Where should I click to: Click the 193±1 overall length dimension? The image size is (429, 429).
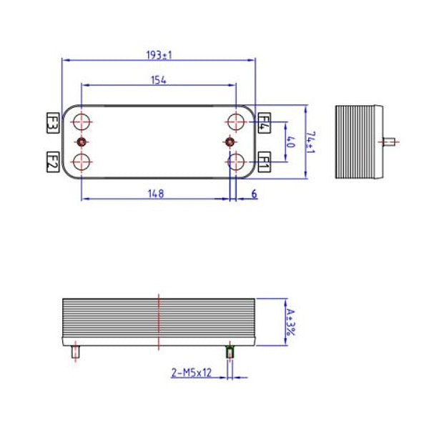click(x=159, y=54)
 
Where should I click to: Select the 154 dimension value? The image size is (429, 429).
click(x=159, y=80)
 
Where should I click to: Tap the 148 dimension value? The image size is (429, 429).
click(x=156, y=193)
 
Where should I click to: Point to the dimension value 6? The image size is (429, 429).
click(x=255, y=193)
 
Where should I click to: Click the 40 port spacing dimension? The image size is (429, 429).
click(x=291, y=141)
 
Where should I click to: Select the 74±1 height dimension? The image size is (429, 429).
click(x=310, y=141)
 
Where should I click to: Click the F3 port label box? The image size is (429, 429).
click(x=52, y=122)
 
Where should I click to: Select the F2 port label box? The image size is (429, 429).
click(x=52, y=161)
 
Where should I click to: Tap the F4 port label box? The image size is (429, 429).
click(x=263, y=122)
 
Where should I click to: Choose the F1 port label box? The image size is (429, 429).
click(x=263, y=162)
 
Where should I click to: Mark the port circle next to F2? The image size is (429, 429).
click(x=83, y=161)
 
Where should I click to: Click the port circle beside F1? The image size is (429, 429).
click(x=235, y=161)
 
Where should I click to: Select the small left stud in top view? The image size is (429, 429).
click(x=82, y=142)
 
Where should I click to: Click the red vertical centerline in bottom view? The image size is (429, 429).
click(x=157, y=322)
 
